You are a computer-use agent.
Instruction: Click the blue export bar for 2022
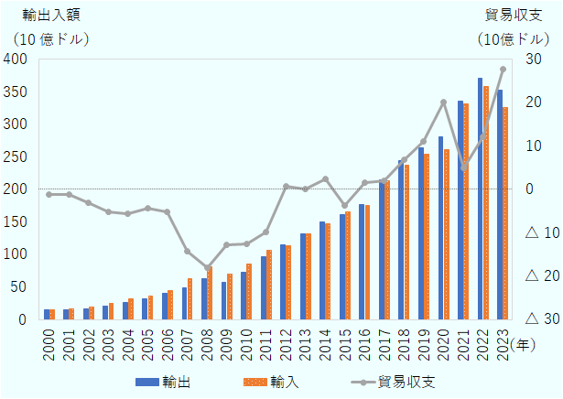tap(480, 199)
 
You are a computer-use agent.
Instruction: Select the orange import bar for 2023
tap(505, 213)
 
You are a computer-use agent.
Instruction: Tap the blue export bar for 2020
tap(440, 228)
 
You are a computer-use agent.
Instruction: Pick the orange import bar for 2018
tap(406, 242)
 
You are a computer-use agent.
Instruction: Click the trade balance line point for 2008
tap(207, 269)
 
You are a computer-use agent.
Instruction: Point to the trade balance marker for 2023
tap(503, 70)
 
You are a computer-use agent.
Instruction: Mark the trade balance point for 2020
tap(443, 102)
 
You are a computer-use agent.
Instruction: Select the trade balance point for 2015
tap(345, 207)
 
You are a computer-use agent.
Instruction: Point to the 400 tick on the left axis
tap(15, 59)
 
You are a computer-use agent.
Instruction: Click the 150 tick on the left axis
tap(15, 222)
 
